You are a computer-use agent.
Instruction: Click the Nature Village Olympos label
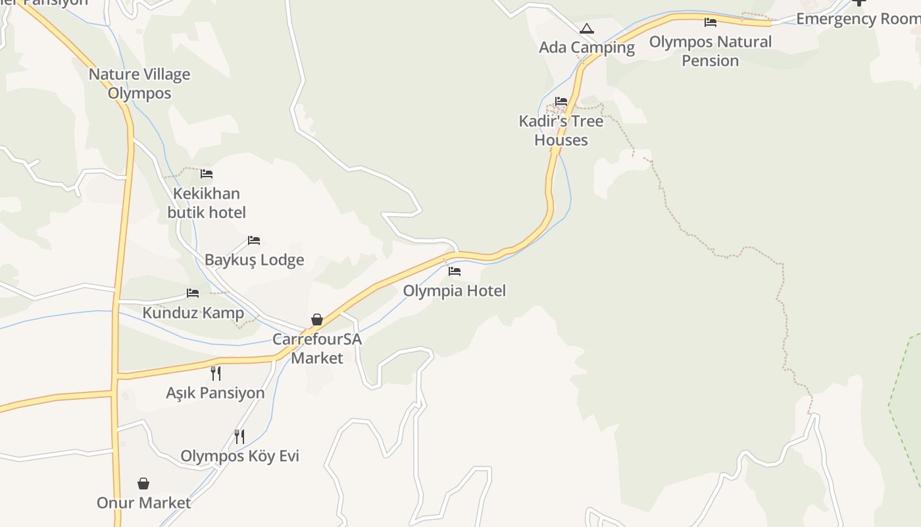pyautogui.click(x=139, y=84)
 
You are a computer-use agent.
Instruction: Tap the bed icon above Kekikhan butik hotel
pyautogui.click(x=207, y=174)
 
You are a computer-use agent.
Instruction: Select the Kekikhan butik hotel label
pyautogui.click(x=207, y=203)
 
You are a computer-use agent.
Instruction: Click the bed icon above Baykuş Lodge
pyautogui.click(x=254, y=240)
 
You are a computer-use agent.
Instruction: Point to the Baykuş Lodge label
pyautogui.click(x=255, y=260)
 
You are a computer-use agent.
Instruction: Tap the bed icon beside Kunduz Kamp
pyautogui.click(x=193, y=293)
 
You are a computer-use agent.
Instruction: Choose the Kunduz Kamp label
pyautogui.click(x=193, y=312)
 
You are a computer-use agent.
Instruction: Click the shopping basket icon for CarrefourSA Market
pyautogui.click(x=317, y=319)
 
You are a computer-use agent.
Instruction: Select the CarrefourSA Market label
pyautogui.click(x=317, y=348)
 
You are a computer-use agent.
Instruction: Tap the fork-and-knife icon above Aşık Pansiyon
pyautogui.click(x=216, y=374)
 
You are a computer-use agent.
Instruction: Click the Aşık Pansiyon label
pyautogui.click(x=215, y=393)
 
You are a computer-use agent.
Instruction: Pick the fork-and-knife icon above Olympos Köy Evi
pyautogui.click(x=239, y=436)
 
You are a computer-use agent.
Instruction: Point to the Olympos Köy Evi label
pyautogui.click(x=240, y=456)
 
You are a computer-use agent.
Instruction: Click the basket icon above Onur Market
pyautogui.click(x=143, y=484)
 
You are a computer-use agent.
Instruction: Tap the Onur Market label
pyautogui.click(x=143, y=503)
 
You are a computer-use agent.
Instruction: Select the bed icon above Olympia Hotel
pyautogui.click(x=455, y=271)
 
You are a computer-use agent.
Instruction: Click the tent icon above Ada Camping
pyautogui.click(x=587, y=28)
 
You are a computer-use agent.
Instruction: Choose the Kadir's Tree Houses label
pyautogui.click(x=561, y=130)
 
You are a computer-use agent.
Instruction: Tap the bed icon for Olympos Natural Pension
pyautogui.click(x=710, y=22)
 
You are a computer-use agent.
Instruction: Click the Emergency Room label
pyautogui.click(x=858, y=18)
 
